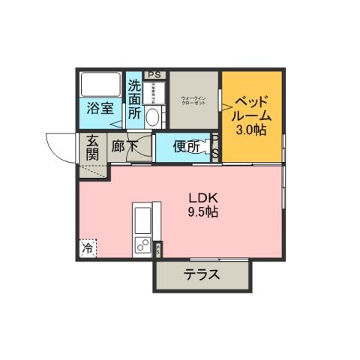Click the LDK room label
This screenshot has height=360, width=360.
coord(202,198)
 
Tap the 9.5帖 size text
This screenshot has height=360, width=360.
coord(202,212)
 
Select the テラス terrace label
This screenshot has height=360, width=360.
coord(202,274)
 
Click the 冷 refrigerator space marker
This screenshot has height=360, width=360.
coord(88,247)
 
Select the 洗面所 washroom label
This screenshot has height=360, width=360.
coord(134,99)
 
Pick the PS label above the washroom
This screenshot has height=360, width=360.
coord(155,74)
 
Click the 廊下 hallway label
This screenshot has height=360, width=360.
coord(124,147)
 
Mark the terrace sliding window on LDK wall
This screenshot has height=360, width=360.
coord(283,187)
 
